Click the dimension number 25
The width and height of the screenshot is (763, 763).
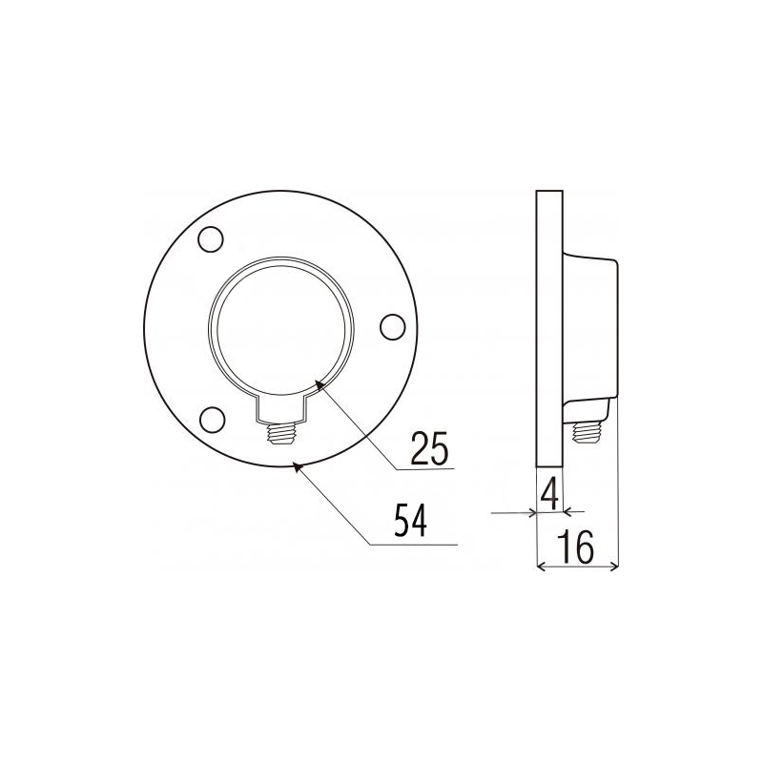(x=429, y=447)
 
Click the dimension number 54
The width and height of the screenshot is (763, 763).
(x=410, y=521)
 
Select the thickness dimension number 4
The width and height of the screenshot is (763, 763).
(x=549, y=493)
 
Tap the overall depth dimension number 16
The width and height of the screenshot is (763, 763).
(x=576, y=546)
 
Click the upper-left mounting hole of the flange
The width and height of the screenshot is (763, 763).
(x=211, y=239)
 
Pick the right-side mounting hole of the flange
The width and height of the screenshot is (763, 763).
(x=392, y=327)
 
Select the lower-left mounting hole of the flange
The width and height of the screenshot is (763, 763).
(x=213, y=420)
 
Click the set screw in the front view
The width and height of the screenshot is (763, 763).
(x=282, y=433)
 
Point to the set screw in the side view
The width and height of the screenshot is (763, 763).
(x=588, y=432)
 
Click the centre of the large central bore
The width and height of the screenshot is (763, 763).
(x=281, y=327)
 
